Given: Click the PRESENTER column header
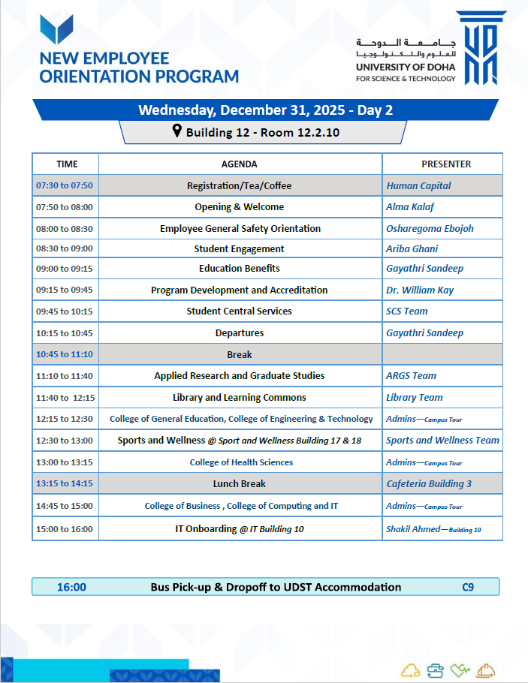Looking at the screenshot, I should pyautogui.click(x=446, y=164).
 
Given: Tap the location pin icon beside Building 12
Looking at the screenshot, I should pyautogui.click(x=177, y=132).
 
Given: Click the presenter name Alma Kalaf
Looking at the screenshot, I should pyautogui.click(x=410, y=206).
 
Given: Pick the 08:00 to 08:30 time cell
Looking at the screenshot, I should pyautogui.click(x=65, y=228).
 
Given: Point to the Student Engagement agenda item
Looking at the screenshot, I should pyautogui.click(x=239, y=248).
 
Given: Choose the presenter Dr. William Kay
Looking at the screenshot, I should pyautogui.click(x=420, y=290).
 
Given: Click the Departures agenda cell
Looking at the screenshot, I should pyautogui.click(x=240, y=332).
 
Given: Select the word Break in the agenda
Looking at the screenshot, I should pyautogui.click(x=240, y=354).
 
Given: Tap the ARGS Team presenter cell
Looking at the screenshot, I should pyautogui.click(x=411, y=375).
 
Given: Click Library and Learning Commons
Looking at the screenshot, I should pyautogui.click(x=240, y=397).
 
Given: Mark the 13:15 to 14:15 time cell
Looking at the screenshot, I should pyautogui.click(x=65, y=483).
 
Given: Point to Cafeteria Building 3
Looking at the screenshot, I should pyautogui.click(x=429, y=483).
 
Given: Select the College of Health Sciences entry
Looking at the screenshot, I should pyautogui.click(x=241, y=462).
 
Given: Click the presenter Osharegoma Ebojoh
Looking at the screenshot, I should pyautogui.click(x=430, y=228).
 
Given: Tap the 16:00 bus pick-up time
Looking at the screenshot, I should pyautogui.click(x=71, y=587).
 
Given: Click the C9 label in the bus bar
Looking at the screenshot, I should pyautogui.click(x=468, y=587).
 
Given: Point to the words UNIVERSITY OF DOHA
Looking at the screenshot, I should pyautogui.click(x=406, y=68).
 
